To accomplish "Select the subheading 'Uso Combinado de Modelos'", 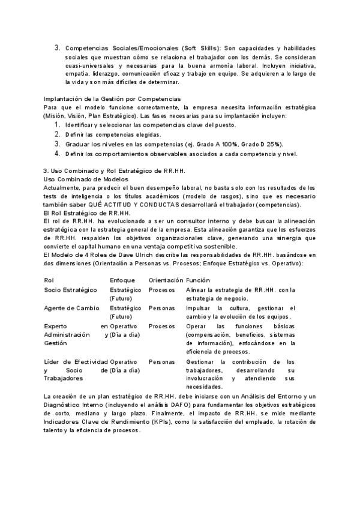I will tap(86, 179).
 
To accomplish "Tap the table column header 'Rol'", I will tap(49, 280).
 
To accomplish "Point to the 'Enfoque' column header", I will tap(122, 280).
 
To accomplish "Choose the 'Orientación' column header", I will tap(165, 280).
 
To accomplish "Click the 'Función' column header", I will tap(199, 280).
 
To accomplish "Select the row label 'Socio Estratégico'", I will tap(70, 290).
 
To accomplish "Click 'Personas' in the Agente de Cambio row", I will tap(161, 308).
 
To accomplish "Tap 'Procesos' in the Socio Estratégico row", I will tap(162, 290).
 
